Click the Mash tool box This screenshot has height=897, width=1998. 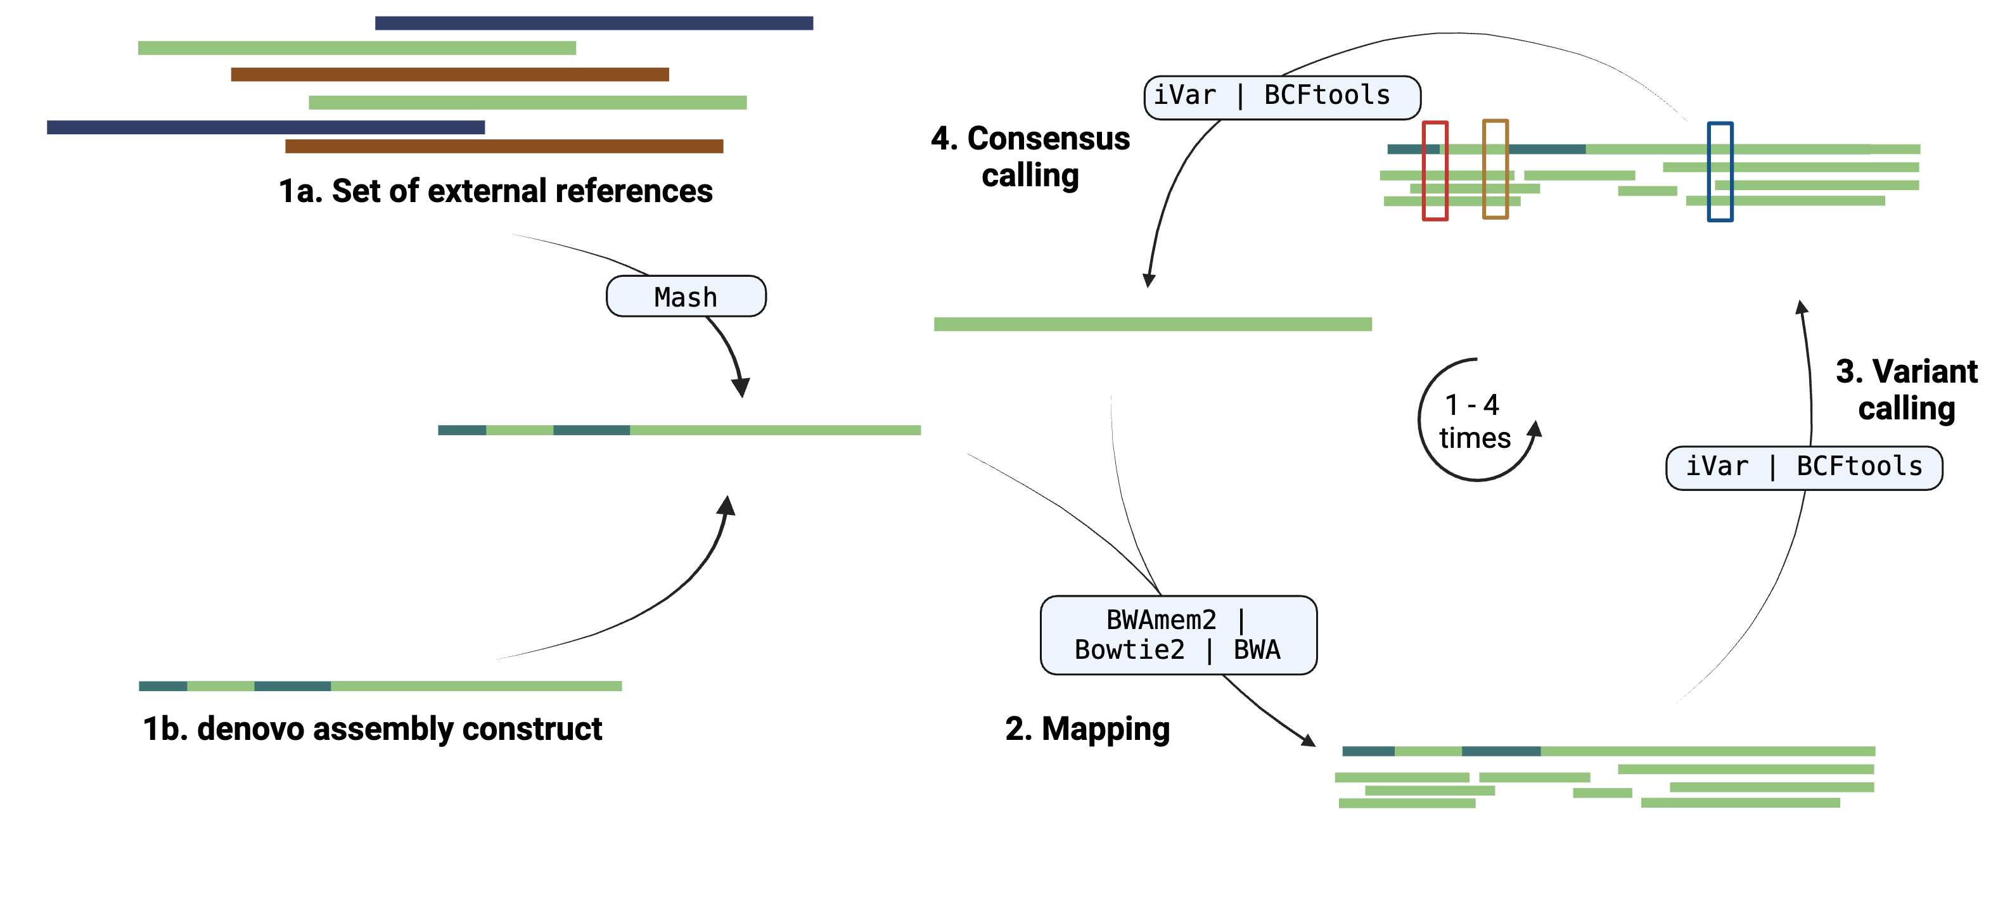pos(686,296)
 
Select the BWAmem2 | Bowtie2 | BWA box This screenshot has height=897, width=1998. pos(1177,634)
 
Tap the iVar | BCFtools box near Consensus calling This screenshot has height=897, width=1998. pos(1281,97)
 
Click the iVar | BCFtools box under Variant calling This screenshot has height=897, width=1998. pos(1803,468)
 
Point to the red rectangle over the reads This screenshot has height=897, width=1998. pos(1435,170)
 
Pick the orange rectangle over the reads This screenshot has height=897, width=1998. pos(1495,169)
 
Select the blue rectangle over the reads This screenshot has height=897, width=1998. pos(1720,171)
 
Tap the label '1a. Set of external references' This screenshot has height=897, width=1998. pos(495,191)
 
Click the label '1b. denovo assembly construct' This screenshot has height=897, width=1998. pos(373,728)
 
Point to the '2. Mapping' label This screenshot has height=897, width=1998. pos(1087,728)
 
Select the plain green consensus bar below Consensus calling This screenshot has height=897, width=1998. pos(1152,324)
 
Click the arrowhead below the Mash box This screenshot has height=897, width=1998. pos(741,386)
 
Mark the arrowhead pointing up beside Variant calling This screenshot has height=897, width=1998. pos(1802,307)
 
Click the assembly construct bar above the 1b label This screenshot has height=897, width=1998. pos(380,685)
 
